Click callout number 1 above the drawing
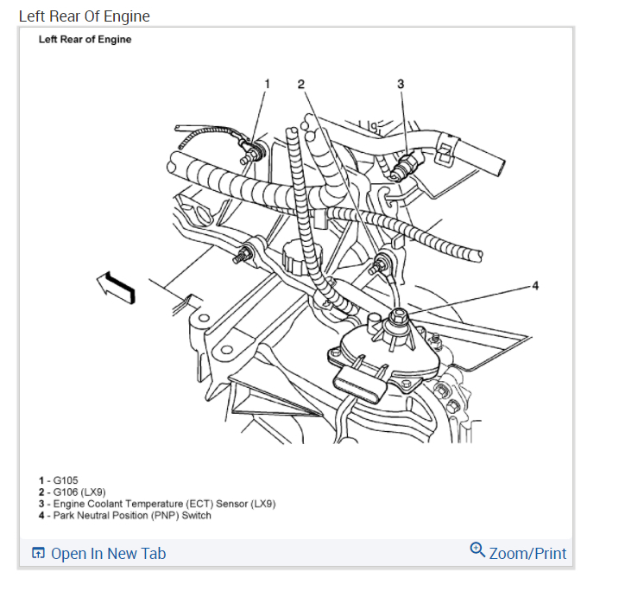267,84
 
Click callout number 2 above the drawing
301,84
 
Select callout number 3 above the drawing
401,84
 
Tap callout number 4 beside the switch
535,285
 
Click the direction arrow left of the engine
117,286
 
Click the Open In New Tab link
108,554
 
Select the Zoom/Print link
527,553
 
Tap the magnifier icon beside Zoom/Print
477,550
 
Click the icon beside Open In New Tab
38,554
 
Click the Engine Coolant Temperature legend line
156,504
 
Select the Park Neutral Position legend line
124,516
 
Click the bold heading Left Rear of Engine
85,40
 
